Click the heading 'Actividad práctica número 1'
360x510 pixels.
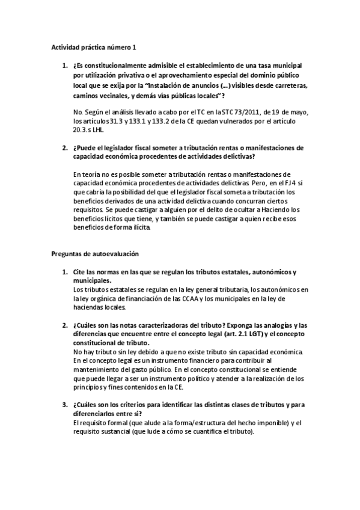[89, 46]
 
